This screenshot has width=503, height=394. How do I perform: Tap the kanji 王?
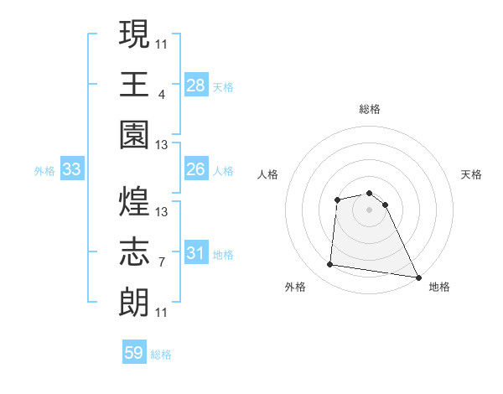pos(135,84)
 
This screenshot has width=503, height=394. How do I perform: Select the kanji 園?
pos(135,134)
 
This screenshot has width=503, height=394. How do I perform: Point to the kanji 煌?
pos(135,201)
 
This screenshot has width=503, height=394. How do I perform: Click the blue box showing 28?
pos(196,85)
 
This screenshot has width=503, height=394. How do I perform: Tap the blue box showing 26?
pos(196,170)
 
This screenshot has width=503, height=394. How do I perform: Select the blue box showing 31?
pos(196,254)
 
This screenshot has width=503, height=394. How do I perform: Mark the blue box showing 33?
pos(71,170)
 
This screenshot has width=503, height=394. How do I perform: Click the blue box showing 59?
pos(134,353)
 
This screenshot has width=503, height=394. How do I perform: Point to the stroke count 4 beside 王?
pos(161,94)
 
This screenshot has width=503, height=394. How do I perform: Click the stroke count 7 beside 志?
pos(161,262)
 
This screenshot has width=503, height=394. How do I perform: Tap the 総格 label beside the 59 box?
pos(161,355)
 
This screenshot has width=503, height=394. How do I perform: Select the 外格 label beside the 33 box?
pos(44,171)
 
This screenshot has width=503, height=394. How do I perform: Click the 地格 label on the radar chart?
pos(439,287)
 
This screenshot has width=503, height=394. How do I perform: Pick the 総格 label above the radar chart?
pos(369,109)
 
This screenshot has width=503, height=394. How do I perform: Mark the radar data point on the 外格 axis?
pos(330,265)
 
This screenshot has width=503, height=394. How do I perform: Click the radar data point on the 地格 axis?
pos(418,276)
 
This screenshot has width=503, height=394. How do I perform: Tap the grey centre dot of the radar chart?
pos(369,210)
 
